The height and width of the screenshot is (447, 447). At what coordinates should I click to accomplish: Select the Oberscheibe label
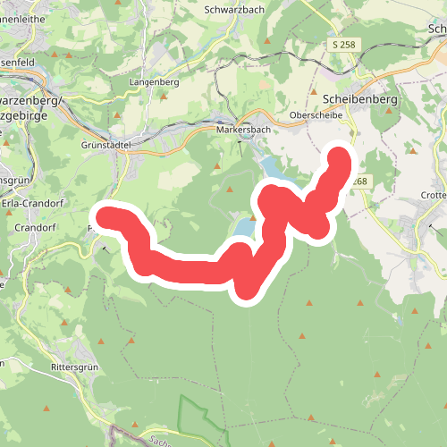[312, 116]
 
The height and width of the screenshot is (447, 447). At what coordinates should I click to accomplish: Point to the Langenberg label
[155, 81]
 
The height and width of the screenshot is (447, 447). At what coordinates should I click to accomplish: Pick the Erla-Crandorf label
[30, 202]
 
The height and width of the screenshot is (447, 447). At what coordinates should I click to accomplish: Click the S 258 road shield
[345, 44]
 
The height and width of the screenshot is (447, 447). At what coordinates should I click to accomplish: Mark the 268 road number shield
[358, 182]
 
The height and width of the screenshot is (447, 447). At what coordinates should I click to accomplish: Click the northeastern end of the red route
[341, 157]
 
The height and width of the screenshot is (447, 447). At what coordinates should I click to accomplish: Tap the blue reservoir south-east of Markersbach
[270, 165]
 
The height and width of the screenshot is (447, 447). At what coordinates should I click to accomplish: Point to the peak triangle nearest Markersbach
[217, 166]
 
